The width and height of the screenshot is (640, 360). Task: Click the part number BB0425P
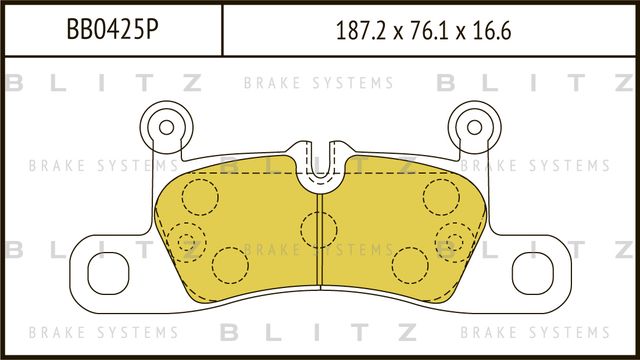(x=110, y=29)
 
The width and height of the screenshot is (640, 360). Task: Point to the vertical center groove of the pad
(x=319, y=250)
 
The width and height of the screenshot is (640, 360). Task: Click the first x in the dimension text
(x=399, y=31)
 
